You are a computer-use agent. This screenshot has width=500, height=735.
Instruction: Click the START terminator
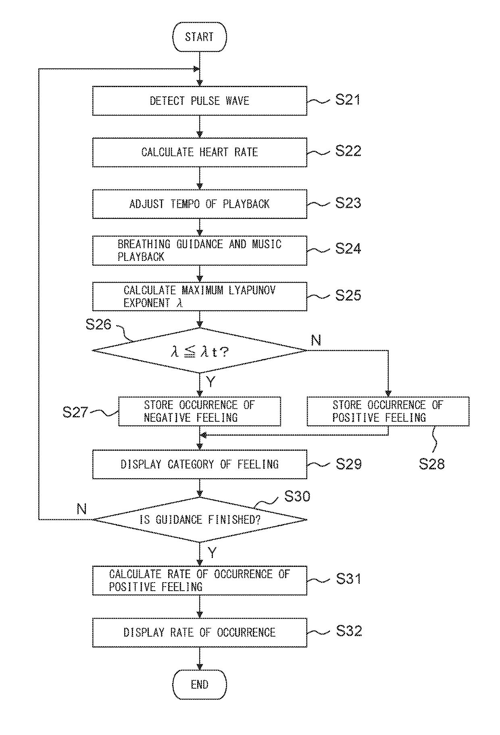[199, 37]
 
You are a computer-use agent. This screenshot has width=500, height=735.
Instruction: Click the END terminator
[199, 685]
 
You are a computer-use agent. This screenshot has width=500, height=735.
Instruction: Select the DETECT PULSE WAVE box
[200, 101]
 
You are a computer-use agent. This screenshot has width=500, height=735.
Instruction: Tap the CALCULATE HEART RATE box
[200, 152]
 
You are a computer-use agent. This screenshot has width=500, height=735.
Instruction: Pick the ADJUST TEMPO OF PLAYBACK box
[200, 204]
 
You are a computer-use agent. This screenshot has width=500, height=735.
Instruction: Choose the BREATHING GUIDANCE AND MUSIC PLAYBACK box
[200, 251]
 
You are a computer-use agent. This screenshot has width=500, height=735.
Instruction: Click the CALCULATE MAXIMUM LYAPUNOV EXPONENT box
[200, 297]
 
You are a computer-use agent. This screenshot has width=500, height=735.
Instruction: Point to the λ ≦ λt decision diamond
[200, 350]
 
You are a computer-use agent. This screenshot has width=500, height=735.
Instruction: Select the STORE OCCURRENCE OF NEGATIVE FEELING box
[200, 411]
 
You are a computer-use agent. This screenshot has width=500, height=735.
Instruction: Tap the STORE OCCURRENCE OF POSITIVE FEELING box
[388, 411]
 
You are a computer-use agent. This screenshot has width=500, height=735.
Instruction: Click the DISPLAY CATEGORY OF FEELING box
[200, 464]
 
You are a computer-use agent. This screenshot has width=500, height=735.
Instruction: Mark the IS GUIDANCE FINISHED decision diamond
[200, 520]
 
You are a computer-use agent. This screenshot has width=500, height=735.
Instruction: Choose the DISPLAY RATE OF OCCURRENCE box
[200, 632]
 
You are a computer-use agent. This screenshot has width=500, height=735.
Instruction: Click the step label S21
[348, 100]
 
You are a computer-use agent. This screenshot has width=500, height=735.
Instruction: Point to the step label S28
[431, 464]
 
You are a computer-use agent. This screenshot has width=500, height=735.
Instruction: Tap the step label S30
[297, 496]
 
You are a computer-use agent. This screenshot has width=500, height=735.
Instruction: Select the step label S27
[75, 412]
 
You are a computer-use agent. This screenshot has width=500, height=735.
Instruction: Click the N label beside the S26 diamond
[316, 341]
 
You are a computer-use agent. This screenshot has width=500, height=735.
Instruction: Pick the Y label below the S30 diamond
[212, 552]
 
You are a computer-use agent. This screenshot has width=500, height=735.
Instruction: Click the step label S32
[349, 631]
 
